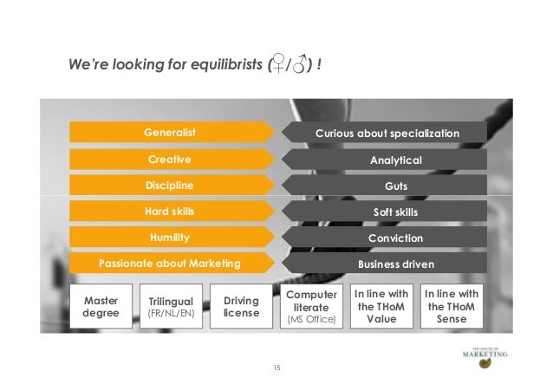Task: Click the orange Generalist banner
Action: (170, 133)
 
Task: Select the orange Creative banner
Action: (170, 160)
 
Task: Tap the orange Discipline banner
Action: (170, 186)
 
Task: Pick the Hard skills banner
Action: (170, 211)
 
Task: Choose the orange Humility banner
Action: (170, 237)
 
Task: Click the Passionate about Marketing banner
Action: (170, 263)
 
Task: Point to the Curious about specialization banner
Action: (387, 133)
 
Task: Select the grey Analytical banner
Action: (395, 160)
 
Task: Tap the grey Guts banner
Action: (395, 186)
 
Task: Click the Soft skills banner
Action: (395, 212)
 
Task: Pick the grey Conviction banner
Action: (395, 238)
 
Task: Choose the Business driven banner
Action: (395, 264)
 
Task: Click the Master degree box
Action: (101, 306)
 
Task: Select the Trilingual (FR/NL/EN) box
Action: (170, 306)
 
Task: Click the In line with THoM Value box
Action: (381, 306)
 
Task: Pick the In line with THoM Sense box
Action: (452, 306)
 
